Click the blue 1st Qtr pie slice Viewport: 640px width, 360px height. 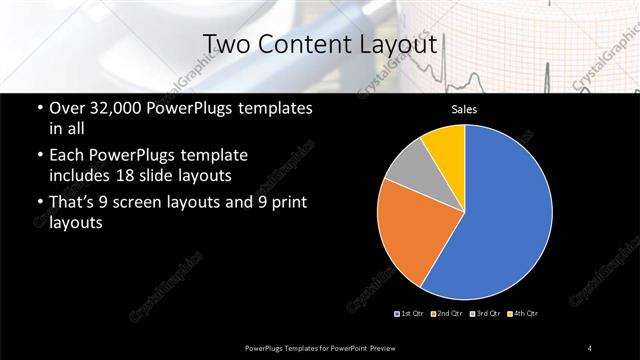(x=505, y=215)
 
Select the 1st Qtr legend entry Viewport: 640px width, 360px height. (x=411, y=313)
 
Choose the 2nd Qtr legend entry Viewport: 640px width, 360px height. (x=447, y=313)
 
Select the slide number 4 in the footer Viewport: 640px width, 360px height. (x=590, y=347)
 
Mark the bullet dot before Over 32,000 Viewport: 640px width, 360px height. (x=38, y=108)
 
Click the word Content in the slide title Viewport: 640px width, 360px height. (x=300, y=44)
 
